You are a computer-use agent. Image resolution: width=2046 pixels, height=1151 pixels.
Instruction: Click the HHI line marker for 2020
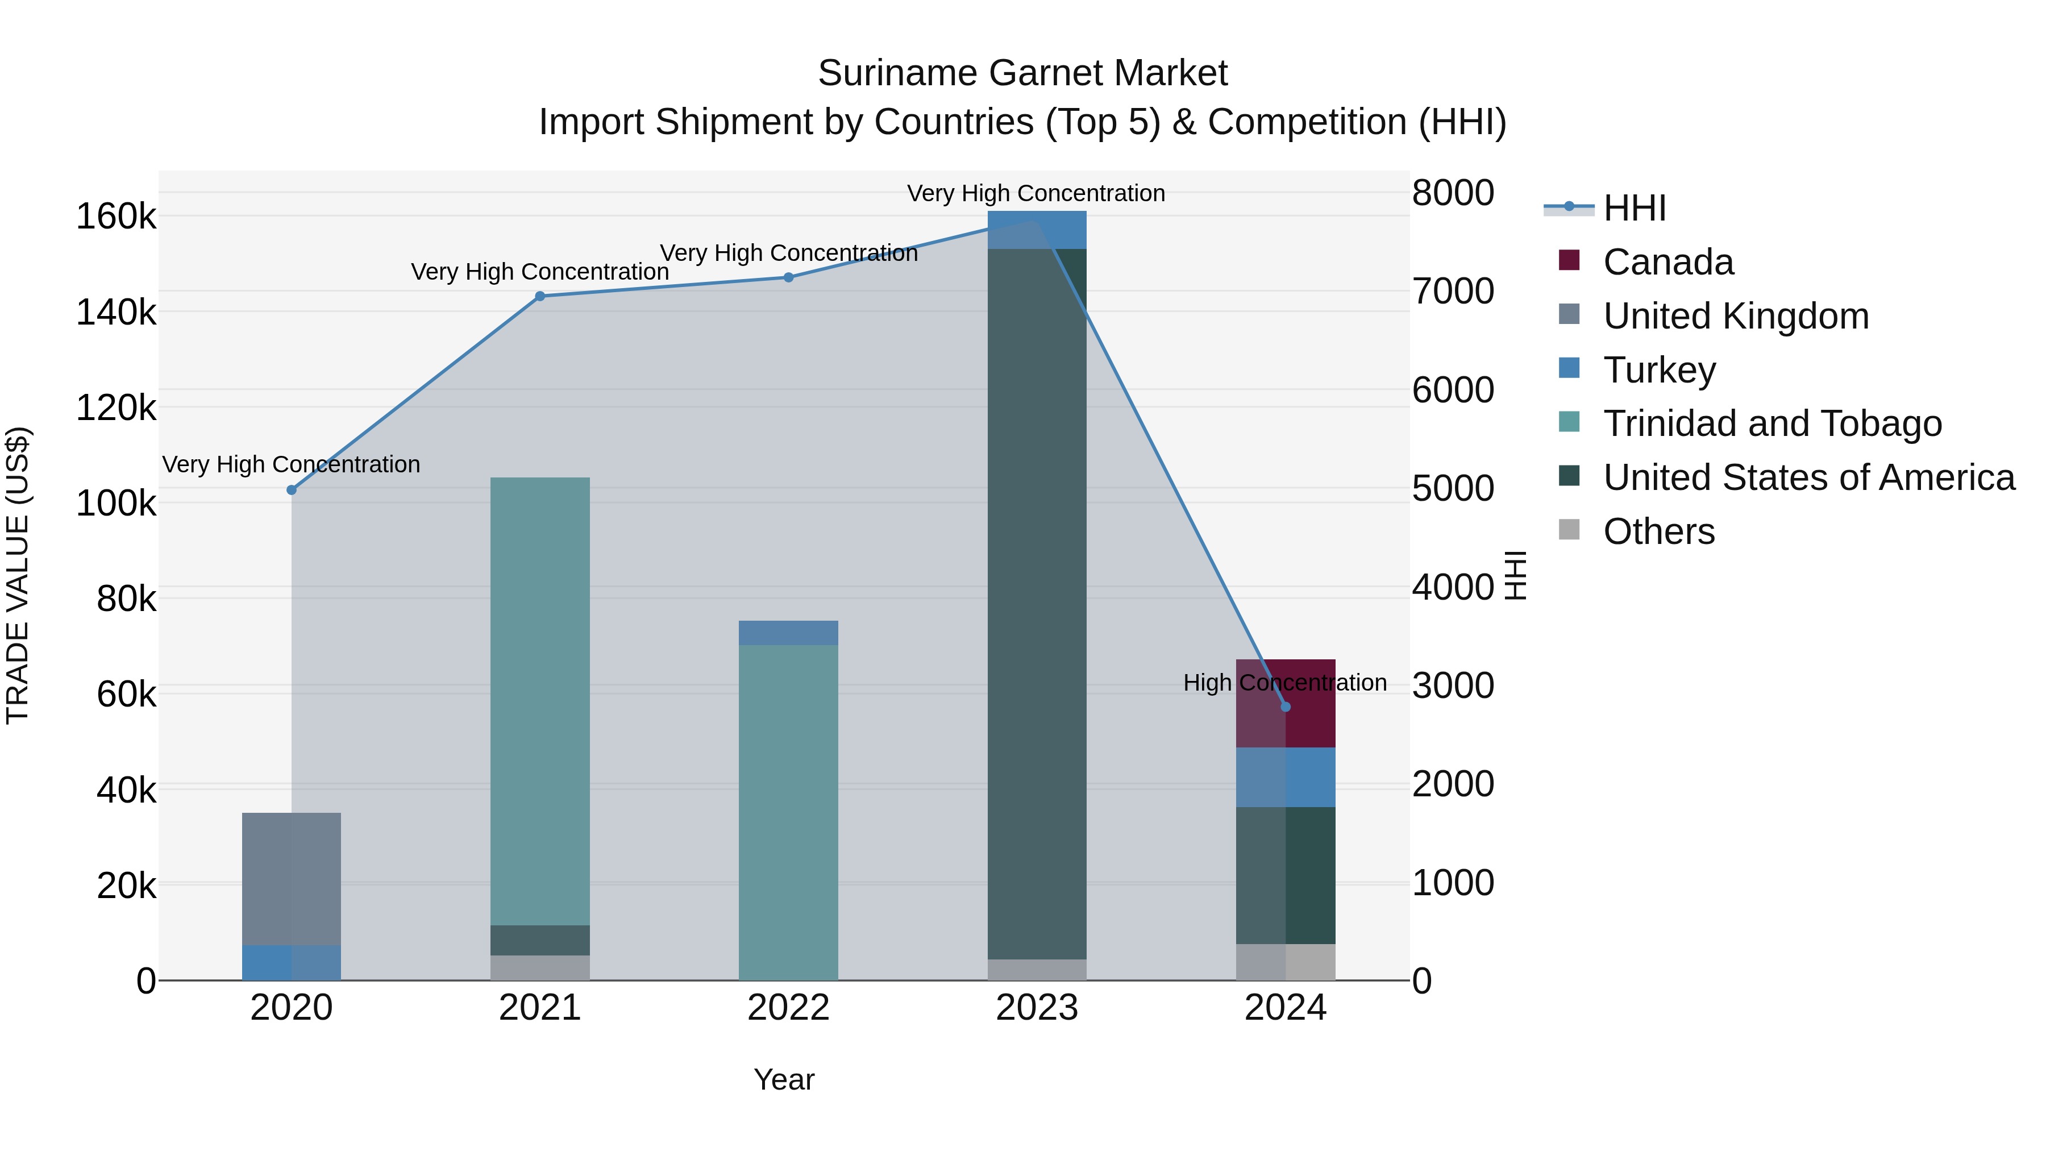pos(292,490)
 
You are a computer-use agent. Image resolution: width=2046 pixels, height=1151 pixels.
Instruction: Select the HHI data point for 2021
pos(540,296)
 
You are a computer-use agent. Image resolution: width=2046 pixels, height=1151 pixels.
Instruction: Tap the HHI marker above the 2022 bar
pos(789,277)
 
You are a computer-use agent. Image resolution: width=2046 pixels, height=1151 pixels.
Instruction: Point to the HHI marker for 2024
pos(1286,707)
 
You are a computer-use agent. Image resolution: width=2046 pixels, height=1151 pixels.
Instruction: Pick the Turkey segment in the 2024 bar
pos(1286,777)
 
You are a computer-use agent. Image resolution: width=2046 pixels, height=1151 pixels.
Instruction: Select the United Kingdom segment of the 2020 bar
pos(292,879)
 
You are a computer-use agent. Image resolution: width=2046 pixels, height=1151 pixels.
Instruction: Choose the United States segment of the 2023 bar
pos(1037,604)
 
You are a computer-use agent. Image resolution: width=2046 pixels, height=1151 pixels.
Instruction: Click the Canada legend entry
pos(1668,261)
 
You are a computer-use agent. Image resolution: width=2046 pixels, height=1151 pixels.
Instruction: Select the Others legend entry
pos(1658,531)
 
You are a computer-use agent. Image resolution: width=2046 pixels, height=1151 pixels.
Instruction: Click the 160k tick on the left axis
pos(116,216)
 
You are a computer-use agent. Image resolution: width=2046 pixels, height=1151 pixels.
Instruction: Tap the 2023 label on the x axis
pos(1037,1008)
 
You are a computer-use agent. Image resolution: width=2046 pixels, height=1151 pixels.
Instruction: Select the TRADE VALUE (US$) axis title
pos(18,575)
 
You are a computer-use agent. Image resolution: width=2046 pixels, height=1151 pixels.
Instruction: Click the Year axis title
pos(784,1079)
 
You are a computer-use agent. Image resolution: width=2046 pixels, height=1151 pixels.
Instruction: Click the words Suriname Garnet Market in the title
pos(1022,73)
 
